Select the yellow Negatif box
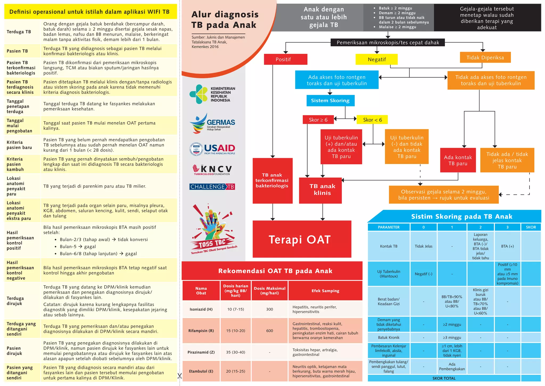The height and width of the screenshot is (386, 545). (x=377, y=59)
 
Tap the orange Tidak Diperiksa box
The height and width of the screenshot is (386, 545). (x=485, y=58)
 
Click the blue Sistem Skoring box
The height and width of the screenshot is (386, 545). (x=330, y=100)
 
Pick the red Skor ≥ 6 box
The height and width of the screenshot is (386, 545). (x=318, y=120)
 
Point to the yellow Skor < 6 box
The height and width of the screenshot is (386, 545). (x=372, y=120)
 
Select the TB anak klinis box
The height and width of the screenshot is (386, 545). (x=320, y=190)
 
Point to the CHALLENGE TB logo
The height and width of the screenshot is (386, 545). (x=212, y=187)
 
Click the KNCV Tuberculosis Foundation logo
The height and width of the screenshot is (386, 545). (x=212, y=170)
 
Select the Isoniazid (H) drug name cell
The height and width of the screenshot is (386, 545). (x=201, y=309)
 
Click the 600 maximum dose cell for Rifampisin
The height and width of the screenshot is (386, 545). (x=269, y=331)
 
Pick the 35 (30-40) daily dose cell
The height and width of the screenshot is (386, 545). (x=236, y=352)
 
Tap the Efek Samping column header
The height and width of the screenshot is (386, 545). (x=325, y=291)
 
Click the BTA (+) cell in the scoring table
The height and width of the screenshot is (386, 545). (x=507, y=246)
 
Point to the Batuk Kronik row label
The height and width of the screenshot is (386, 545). (x=389, y=337)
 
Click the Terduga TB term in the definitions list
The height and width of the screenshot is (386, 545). (x=19, y=32)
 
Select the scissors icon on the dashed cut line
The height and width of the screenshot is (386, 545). (x=180, y=376)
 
